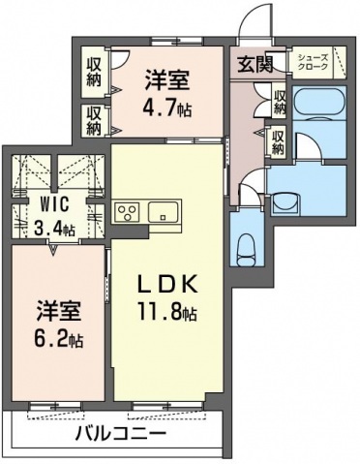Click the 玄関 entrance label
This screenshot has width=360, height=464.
[255, 64]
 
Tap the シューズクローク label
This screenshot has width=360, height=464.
[313, 62]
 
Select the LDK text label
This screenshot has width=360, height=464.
[166, 285]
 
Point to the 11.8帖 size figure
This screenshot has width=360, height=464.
[166, 311]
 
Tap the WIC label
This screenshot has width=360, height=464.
[54, 204]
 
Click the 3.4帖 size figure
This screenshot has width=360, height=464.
[54, 229]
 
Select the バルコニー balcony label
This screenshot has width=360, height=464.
[121, 433]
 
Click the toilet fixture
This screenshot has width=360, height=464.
[247, 250]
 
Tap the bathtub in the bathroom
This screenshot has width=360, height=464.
[319, 102]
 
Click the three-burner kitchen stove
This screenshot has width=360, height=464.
[128, 212]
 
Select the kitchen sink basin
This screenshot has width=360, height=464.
[163, 212]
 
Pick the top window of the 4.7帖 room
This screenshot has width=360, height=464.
[177, 42]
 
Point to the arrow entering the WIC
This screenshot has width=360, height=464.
[53, 249]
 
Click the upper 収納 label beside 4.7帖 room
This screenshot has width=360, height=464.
[94, 72]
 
